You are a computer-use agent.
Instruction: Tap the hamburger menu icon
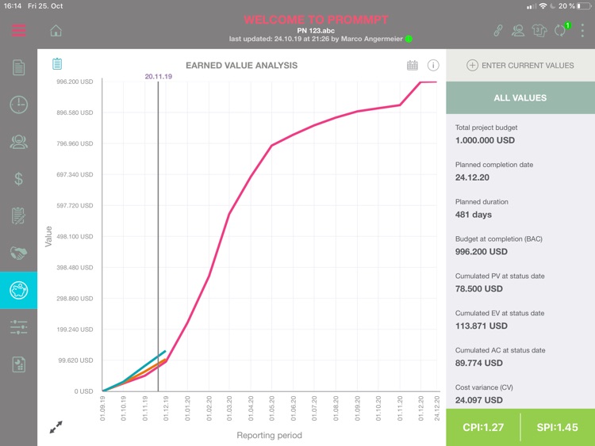(x=19, y=31)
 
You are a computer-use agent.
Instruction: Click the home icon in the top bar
(x=56, y=31)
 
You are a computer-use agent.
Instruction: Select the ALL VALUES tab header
(x=520, y=97)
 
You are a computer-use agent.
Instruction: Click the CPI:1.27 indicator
(x=483, y=428)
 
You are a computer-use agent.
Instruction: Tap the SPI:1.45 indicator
(x=557, y=428)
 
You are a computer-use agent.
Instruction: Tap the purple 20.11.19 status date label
(x=159, y=77)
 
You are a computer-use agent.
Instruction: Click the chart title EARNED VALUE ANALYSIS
(x=237, y=65)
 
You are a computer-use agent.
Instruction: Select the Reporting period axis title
(x=269, y=435)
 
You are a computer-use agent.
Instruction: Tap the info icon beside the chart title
(x=433, y=65)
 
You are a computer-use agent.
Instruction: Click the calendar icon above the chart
(x=413, y=65)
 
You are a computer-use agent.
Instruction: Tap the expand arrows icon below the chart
(x=56, y=427)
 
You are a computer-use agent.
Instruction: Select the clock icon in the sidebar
(x=19, y=105)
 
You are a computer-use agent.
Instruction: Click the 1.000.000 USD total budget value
(x=485, y=140)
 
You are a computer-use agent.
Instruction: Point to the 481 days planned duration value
(x=474, y=215)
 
